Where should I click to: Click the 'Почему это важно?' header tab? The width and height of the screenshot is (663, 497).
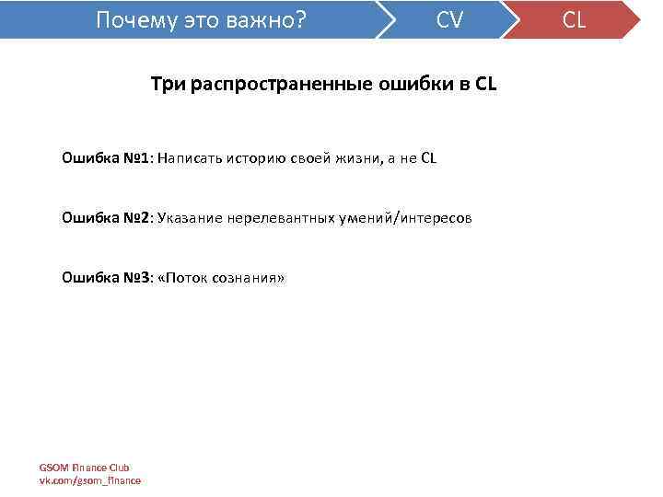click(202, 19)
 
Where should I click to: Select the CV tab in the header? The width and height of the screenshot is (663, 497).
click(449, 19)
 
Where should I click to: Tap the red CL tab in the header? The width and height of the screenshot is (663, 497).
click(574, 19)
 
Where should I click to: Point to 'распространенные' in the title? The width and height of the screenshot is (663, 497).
click(275, 85)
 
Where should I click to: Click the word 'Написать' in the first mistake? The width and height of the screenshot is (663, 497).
click(189, 157)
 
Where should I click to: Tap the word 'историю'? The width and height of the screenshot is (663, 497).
click(254, 157)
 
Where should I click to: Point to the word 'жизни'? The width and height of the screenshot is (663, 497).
click(350, 157)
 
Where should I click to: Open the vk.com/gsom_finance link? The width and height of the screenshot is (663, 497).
click(89, 480)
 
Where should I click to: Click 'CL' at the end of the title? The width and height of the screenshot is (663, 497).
click(485, 85)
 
